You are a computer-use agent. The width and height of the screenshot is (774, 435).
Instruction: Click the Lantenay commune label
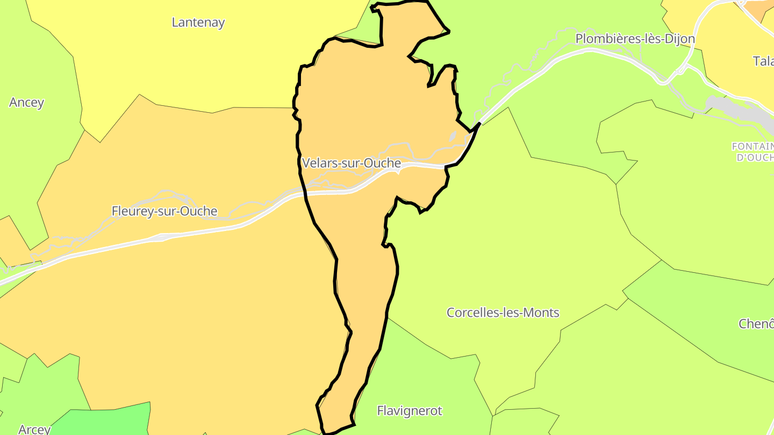198,23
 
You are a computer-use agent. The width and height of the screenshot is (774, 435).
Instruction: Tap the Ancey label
26,103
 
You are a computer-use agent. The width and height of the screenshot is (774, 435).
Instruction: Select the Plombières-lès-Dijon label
635,39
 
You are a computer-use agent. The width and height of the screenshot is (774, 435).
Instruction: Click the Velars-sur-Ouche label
352,163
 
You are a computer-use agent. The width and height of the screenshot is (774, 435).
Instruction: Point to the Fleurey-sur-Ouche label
164,211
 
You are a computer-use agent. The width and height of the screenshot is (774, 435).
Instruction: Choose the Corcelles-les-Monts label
503,313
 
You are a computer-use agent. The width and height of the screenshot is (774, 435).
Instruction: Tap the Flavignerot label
410,411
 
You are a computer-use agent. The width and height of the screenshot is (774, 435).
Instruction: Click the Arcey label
34,429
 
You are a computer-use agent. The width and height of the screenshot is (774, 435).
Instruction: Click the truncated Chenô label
756,324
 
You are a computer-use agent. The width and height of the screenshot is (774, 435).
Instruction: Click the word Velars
319,163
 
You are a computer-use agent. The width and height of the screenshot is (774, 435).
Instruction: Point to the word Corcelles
470,313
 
